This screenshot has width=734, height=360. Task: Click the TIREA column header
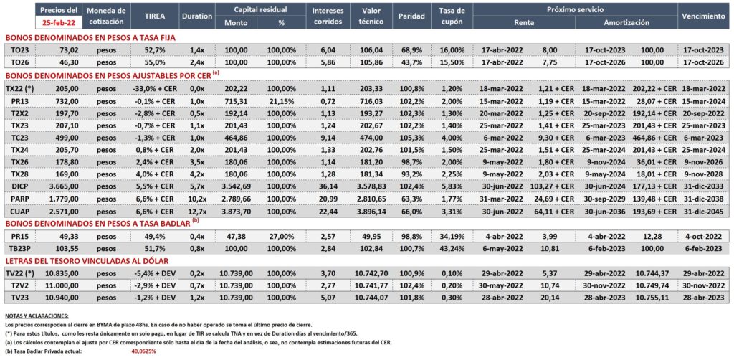(x=156, y=16)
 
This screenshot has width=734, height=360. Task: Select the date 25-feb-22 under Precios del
(x=58, y=22)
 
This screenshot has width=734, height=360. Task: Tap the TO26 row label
(x=17, y=62)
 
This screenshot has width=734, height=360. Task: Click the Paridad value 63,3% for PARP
(x=411, y=199)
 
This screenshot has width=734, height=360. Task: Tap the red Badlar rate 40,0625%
(x=143, y=351)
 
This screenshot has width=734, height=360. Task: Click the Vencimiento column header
(x=703, y=16)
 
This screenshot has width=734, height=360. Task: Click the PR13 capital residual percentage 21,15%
(x=281, y=100)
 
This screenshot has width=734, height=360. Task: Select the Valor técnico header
(x=372, y=16)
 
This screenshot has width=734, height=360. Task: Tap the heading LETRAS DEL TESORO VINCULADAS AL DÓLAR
(x=86, y=261)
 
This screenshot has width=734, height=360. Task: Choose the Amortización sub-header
(x=626, y=22)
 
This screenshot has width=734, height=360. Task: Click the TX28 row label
(x=18, y=174)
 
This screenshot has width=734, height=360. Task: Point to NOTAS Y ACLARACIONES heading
(x=37, y=316)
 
